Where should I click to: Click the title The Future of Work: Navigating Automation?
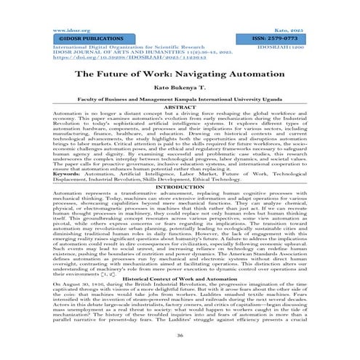tap(180, 74)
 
